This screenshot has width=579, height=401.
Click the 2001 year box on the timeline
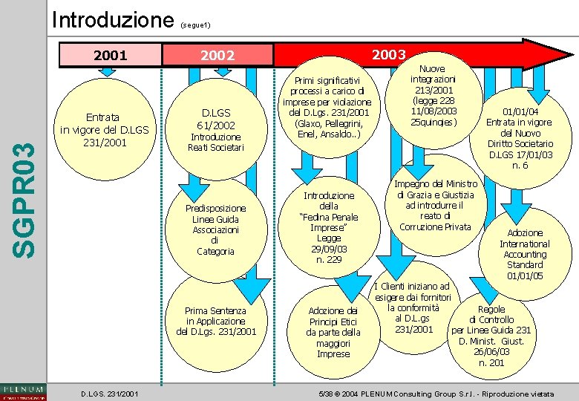pos(108,55)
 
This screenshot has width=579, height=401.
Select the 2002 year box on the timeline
pos(217,56)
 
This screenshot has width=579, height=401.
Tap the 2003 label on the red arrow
pos(388,53)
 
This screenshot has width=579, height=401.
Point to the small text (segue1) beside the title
pos(197,25)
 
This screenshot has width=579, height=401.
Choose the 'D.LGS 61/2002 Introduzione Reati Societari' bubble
pos(215,131)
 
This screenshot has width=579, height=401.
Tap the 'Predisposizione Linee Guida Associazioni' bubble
pos(215,229)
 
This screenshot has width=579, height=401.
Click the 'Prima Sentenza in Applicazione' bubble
pos(216,322)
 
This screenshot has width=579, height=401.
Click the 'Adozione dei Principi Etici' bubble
pos(333,332)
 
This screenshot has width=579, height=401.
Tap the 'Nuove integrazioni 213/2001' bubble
pos(434,95)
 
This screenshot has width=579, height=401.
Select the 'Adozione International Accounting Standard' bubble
pos(525,254)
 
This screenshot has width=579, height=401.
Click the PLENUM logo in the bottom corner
pos(23,391)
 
